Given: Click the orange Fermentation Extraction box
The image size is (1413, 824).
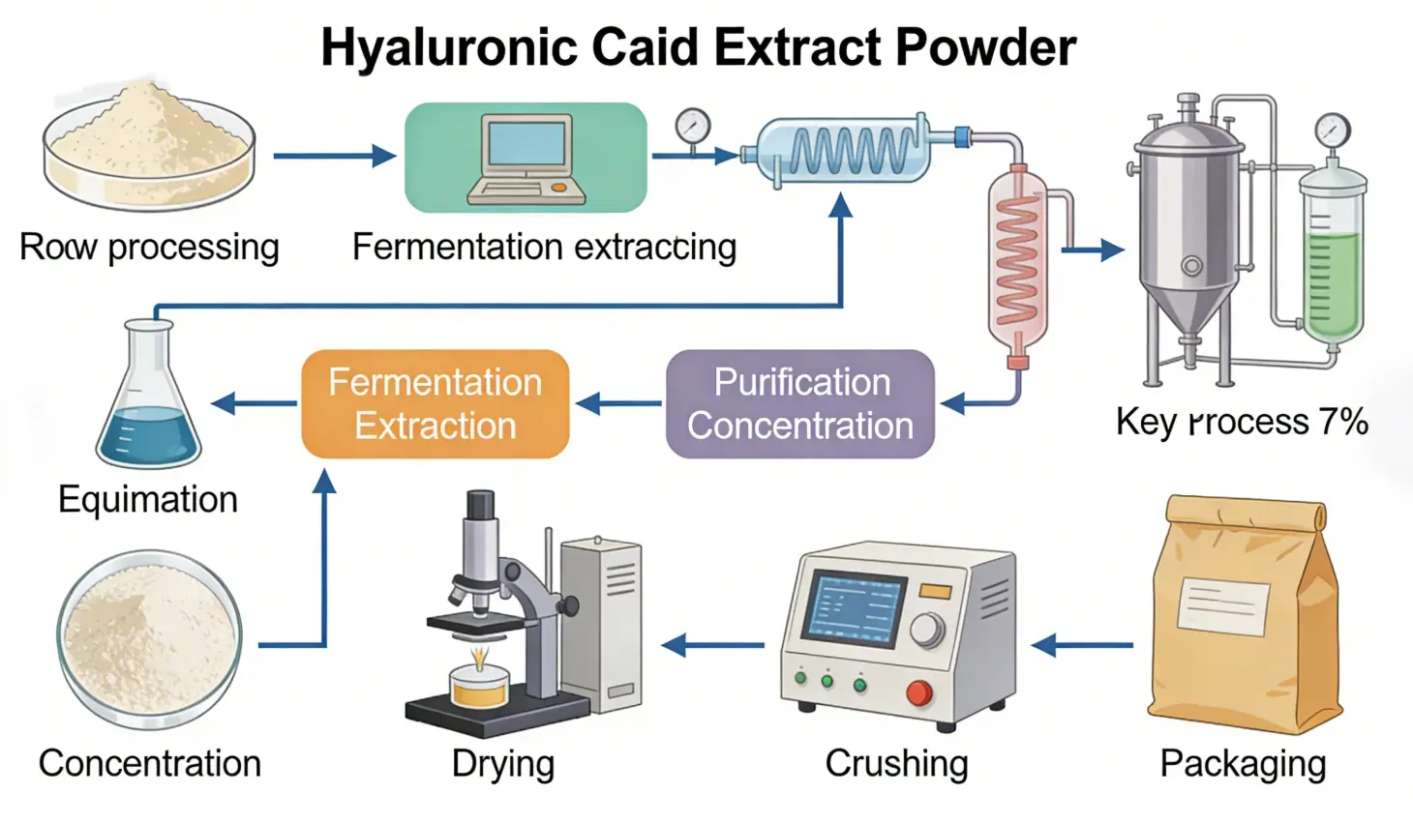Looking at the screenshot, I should click(x=436, y=403).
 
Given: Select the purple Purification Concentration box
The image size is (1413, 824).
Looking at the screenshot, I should click(x=800, y=403).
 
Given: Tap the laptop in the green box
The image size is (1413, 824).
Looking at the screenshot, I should click(x=527, y=160).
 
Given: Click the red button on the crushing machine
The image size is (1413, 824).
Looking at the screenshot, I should click(x=918, y=692).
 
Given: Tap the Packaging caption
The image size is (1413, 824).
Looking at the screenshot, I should click(x=1243, y=763).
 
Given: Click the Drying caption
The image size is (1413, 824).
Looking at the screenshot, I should click(x=502, y=763).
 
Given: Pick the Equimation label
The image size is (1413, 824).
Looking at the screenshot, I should click(x=148, y=499).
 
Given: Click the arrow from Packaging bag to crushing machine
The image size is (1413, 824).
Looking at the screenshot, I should click(x=1082, y=644).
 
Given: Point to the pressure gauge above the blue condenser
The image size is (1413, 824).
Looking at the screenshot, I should click(x=693, y=126).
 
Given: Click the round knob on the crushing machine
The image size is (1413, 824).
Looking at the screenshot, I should click(x=927, y=630).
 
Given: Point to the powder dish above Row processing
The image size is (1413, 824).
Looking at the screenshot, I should click(x=149, y=145).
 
